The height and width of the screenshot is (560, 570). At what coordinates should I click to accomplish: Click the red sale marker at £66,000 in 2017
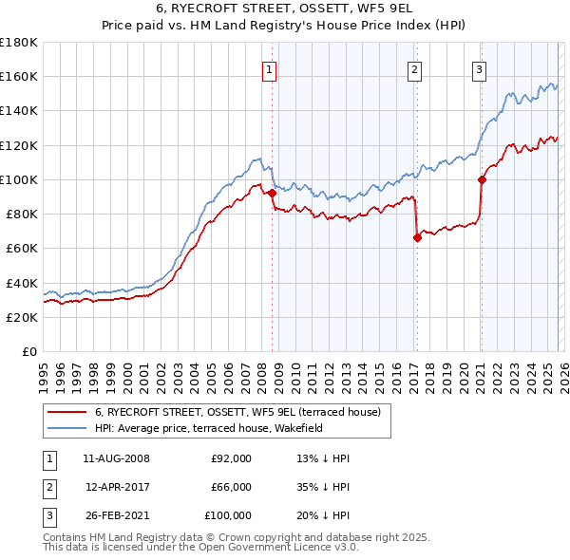tap(416, 238)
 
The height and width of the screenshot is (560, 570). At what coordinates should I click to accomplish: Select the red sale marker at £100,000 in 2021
tap(482, 179)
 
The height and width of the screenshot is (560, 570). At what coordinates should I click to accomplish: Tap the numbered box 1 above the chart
tap(270, 68)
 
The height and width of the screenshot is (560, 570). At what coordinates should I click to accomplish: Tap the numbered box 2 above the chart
tap(415, 68)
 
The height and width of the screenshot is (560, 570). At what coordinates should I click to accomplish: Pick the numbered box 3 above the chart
tap(480, 68)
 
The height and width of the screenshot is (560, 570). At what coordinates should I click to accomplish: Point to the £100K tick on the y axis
tap(19, 179)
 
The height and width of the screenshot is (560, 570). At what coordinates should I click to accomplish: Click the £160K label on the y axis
tap(19, 77)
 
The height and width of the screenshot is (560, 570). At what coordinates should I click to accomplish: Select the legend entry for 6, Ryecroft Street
tap(237, 412)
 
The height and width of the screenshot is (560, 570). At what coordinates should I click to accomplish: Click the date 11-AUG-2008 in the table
tap(116, 458)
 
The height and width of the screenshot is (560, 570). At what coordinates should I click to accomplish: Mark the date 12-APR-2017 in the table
tap(116, 487)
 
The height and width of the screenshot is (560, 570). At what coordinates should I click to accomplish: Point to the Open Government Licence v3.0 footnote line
tap(200, 548)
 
